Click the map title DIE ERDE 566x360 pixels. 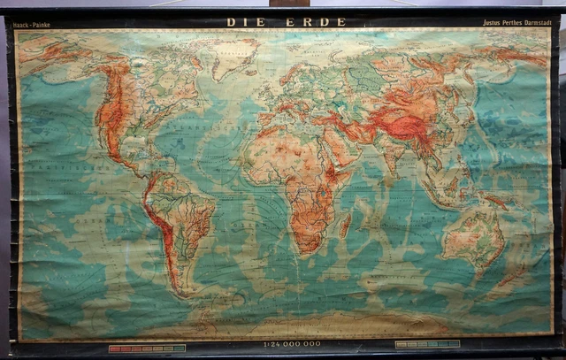[x=269, y=21]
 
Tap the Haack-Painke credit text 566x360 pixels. [x=32, y=26]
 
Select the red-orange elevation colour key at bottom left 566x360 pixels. [x=147, y=349]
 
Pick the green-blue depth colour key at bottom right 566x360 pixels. [x=427, y=343]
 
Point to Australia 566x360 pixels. [x=472, y=234]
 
